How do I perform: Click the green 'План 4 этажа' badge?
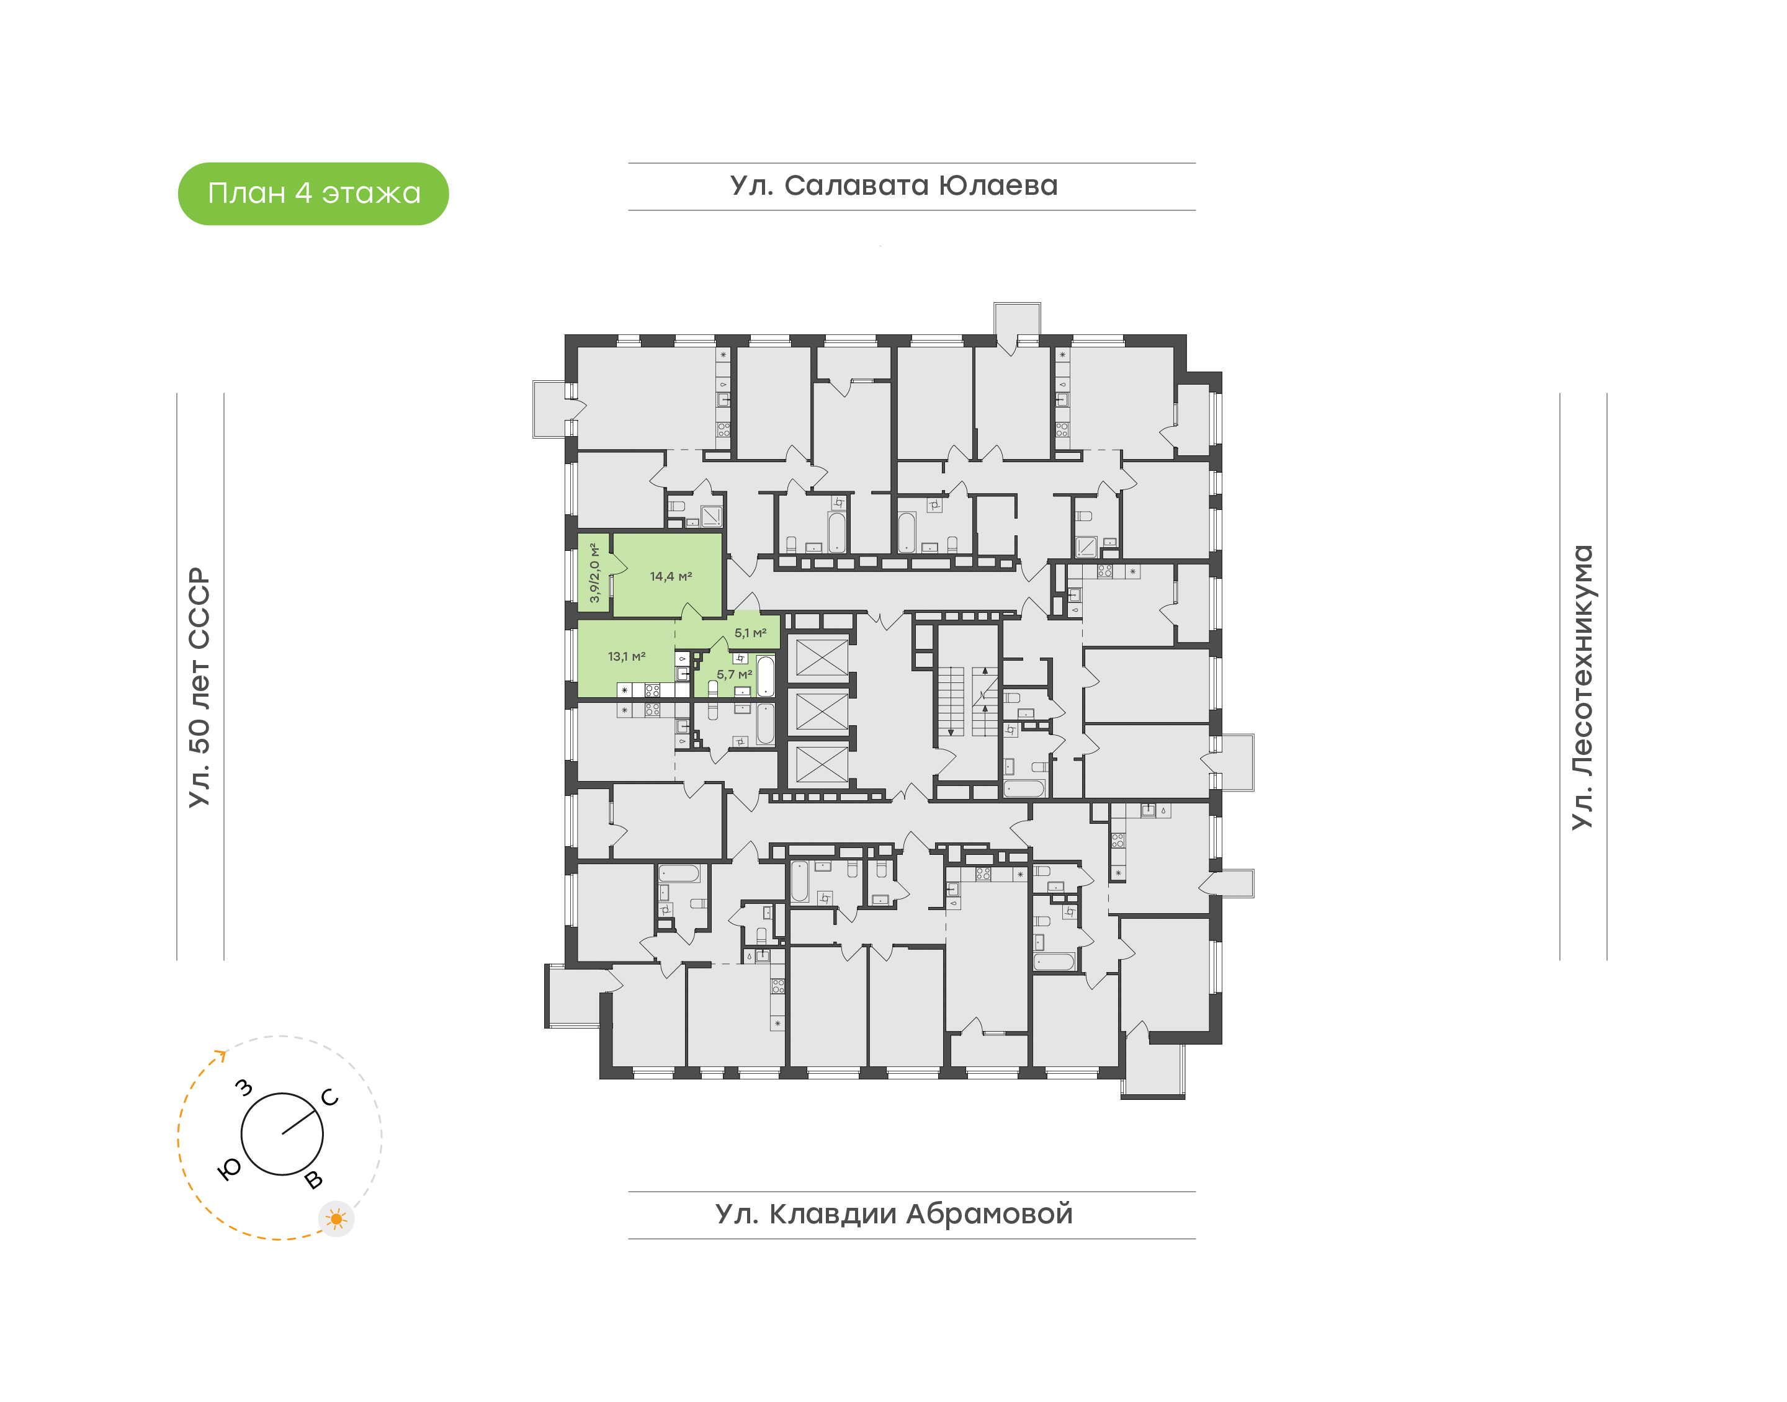[x=313, y=194]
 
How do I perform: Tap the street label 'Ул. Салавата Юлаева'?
[x=894, y=186]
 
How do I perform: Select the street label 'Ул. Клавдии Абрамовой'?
[x=894, y=1214]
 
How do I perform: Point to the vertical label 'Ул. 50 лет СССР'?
[x=199, y=687]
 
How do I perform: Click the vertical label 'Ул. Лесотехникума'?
[x=1582, y=687]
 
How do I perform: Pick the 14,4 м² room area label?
[x=671, y=576]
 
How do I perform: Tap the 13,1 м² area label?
[x=626, y=657]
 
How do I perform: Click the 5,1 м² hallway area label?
[x=750, y=633]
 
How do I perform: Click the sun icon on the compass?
[x=336, y=1219]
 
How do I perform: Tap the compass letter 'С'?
[x=330, y=1097]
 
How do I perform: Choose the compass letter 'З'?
[x=244, y=1087]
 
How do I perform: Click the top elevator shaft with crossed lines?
[x=822, y=657]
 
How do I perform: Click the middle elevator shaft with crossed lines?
[x=822, y=711]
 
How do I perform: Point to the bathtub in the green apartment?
[x=765, y=676]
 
